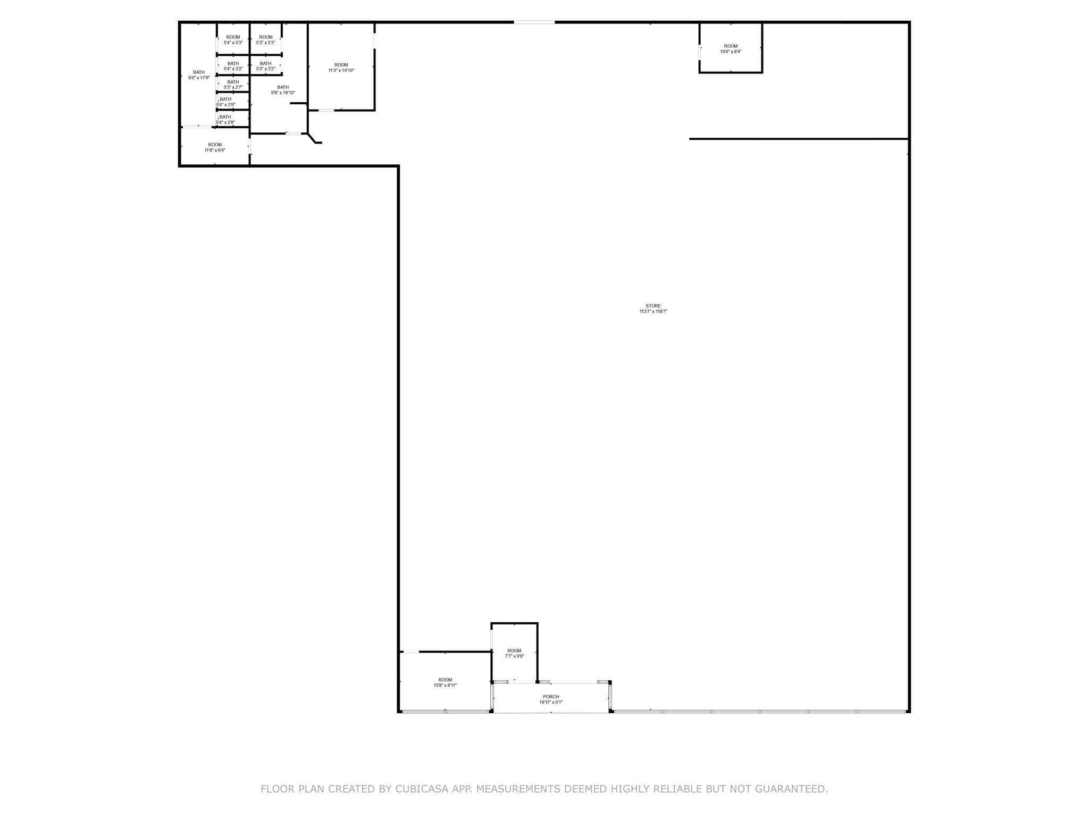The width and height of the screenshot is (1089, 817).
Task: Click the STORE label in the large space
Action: point(653,306)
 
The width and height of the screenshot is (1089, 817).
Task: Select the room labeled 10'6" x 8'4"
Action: point(731,48)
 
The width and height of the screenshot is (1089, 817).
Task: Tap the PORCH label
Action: point(551,697)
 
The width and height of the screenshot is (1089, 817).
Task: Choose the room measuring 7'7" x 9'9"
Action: point(514,653)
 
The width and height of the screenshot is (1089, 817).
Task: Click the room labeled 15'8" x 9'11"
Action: point(445,682)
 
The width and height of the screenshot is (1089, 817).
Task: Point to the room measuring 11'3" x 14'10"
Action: point(341,68)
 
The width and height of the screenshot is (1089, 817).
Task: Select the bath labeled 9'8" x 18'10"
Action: point(282,90)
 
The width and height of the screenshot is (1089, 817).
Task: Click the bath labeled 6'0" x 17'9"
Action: point(198,75)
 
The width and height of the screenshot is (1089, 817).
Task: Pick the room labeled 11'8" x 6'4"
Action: point(215,147)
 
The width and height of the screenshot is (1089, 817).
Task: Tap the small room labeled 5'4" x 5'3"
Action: point(233,40)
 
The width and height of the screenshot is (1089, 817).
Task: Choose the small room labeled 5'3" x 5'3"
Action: point(265,40)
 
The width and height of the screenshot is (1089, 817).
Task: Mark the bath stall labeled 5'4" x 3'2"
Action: point(233,66)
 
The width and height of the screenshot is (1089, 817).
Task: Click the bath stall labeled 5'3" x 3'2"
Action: point(265,66)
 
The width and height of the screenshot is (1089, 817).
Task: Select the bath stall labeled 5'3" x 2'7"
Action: point(233,85)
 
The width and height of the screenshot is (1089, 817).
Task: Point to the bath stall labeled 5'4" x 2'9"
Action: point(225,102)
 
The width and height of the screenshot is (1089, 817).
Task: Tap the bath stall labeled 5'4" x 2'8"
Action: point(225,120)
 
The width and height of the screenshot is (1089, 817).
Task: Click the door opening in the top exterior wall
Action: point(534,22)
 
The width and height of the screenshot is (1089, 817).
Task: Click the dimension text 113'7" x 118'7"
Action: point(653,312)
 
